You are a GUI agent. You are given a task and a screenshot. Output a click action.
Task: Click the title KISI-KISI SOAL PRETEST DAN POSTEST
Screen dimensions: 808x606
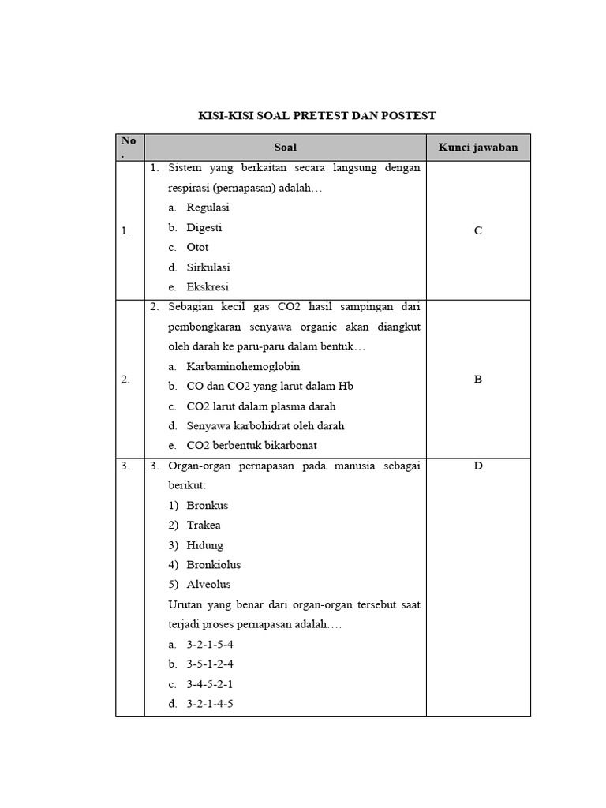[x=316, y=116]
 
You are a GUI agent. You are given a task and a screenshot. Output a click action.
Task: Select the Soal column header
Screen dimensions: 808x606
[x=285, y=148]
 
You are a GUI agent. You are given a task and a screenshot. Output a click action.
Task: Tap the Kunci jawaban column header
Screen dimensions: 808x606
[x=478, y=148]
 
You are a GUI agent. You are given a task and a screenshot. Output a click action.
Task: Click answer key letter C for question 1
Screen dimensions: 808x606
[x=478, y=230]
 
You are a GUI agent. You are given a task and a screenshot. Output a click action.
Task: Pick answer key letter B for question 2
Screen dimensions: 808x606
[x=478, y=379]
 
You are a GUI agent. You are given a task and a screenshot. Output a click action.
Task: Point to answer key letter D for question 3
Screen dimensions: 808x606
[x=478, y=466]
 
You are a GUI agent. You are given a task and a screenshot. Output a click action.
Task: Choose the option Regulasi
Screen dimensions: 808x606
[x=208, y=208]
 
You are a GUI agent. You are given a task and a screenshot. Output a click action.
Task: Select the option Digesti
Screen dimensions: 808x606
[x=204, y=227]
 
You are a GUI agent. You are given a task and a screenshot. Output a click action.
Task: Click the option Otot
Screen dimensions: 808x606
[x=197, y=247]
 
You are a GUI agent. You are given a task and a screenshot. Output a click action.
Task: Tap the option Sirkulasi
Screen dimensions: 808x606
[x=208, y=267]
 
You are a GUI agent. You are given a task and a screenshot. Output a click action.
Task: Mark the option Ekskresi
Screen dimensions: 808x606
[x=208, y=287]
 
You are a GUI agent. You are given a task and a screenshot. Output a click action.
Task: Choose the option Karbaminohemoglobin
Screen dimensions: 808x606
[x=243, y=366]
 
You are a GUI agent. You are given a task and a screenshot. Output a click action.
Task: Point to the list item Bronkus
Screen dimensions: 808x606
[x=207, y=505]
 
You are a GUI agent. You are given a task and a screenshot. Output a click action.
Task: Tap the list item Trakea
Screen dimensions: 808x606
[x=204, y=525]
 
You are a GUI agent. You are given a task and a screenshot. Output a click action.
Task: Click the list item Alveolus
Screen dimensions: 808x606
[x=208, y=585]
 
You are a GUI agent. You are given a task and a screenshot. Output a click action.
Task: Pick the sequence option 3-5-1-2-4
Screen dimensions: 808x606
[x=210, y=664]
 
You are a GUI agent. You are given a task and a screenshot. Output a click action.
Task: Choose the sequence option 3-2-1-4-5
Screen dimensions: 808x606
[x=210, y=703]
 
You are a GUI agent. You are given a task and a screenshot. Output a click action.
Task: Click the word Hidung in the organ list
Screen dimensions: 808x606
[x=205, y=544]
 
